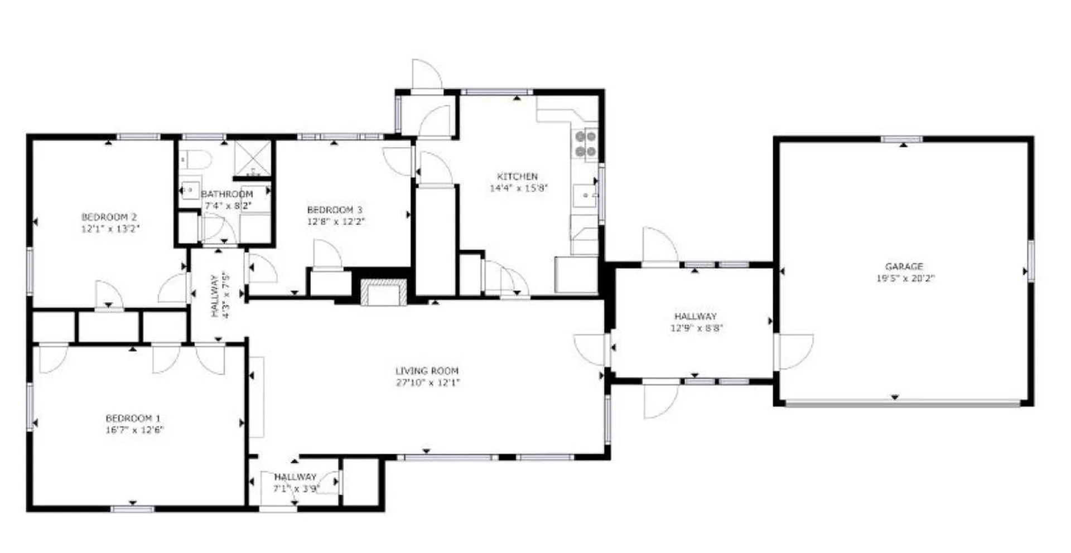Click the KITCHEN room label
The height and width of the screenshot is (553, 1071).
point(517,176)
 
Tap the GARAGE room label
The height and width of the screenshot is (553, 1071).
point(904,266)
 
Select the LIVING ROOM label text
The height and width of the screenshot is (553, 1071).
point(427,371)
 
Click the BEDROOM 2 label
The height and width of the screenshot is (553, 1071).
point(109,217)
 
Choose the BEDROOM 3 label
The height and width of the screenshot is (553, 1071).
point(335,210)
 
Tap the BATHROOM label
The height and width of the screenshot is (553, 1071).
point(226,194)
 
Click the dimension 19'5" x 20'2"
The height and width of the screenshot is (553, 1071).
point(905,278)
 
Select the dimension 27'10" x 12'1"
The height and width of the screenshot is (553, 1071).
point(428,382)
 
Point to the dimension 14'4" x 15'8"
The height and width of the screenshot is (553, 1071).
point(518,188)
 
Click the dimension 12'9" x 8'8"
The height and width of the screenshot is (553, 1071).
point(696,328)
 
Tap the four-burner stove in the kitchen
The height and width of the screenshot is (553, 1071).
point(586,144)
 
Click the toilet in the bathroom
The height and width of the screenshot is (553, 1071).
point(194,160)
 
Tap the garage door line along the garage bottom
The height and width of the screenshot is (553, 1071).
point(903,402)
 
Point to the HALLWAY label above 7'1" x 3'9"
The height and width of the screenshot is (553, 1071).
point(295,477)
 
